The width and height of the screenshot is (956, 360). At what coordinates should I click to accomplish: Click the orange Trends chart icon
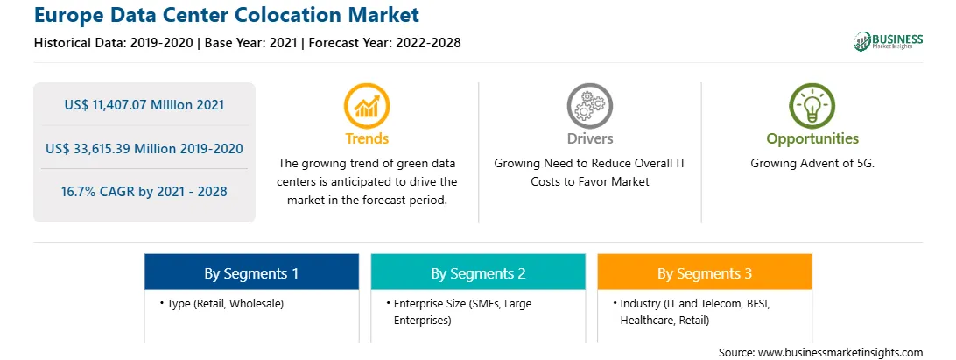point(367,106)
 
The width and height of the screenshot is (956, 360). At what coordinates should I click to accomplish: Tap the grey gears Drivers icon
point(589,106)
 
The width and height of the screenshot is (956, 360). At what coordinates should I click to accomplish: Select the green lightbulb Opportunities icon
point(812,106)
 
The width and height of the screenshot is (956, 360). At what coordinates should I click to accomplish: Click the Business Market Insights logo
point(889,41)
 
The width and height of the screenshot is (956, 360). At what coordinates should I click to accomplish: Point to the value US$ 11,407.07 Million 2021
point(144,105)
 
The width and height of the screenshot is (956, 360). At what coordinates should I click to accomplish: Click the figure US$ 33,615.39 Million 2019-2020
point(144,148)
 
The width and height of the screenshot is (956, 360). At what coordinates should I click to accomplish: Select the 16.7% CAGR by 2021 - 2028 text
point(144,192)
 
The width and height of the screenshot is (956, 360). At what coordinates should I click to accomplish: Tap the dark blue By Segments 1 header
point(251,273)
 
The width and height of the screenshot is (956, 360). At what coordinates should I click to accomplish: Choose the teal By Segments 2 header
point(478,273)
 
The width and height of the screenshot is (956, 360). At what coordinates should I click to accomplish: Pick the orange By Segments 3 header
point(704,273)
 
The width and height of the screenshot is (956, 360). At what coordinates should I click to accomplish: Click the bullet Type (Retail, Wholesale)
point(222,303)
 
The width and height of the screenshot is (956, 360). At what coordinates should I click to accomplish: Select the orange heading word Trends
point(367,138)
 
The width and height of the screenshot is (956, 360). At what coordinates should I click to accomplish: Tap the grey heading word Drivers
point(590,138)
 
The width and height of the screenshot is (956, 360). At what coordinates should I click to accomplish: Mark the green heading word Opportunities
point(812,138)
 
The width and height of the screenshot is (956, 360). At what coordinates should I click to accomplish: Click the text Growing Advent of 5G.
point(812,164)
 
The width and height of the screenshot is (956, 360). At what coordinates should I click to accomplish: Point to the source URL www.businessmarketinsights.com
point(840,353)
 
